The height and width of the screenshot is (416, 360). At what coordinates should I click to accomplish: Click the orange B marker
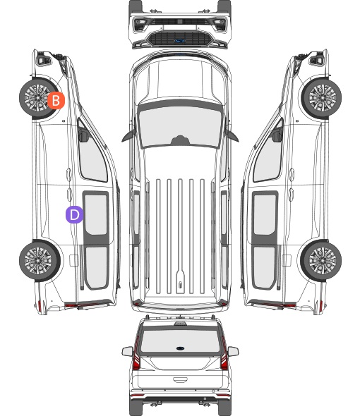click(x=56, y=101)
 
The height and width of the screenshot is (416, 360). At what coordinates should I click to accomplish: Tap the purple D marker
click(x=74, y=214)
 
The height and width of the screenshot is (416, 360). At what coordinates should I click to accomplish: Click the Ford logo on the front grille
click(x=180, y=41)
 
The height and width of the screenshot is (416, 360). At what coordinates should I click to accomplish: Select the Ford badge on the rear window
click(x=180, y=348)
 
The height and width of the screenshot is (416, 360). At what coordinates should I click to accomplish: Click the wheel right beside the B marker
click(x=37, y=97)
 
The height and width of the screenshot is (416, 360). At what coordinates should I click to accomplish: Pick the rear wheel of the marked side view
click(x=40, y=261)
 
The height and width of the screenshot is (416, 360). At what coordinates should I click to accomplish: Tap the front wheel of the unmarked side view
click(x=323, y=97)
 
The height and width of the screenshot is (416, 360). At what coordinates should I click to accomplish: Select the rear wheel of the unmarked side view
click(x=321, y=261)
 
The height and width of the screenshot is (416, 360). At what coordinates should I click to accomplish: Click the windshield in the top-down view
click(x=180, y=126)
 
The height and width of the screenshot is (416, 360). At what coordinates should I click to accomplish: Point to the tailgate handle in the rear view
click(x=180, y=380)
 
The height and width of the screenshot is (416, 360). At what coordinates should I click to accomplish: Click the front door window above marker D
click(x=92, y=157)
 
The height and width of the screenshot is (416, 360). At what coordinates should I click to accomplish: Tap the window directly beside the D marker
click(x=96, y=214)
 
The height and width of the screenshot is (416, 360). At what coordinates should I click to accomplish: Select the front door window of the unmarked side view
click(x=268, y=157)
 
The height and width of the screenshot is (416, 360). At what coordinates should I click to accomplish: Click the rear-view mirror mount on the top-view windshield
click(x=180, y=140)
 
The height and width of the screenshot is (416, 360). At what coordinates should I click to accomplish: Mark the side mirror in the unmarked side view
click(x=277, y=135)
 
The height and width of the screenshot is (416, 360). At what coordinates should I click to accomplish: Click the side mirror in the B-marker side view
click(x=83, y=135)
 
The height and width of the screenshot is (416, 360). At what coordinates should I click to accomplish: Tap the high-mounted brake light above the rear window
click(x=180, y=324)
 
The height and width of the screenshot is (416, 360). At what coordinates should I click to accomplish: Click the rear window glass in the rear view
click(x=180, y=341)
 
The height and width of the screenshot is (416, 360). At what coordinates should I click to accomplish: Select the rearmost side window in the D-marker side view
click(x=97, y=267)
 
